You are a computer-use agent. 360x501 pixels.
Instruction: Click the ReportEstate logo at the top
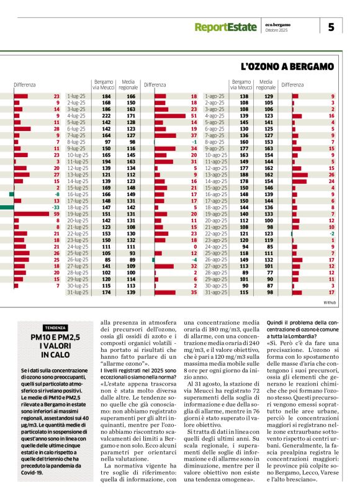[x=224, y=27]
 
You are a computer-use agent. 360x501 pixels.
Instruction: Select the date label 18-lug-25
[x=76, y=208]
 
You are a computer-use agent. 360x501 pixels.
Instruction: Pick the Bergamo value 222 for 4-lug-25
[x=106, y=115]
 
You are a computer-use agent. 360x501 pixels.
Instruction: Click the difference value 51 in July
[x=194, y=115]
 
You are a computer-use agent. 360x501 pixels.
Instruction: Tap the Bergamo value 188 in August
[x=244, y=175]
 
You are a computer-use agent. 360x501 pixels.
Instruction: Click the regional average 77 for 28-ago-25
[x=268, y=273]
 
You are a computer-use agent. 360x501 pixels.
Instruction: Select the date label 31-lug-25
[x=76, y=292]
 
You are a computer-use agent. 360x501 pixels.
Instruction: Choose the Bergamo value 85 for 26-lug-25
[x=107, y=260]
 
